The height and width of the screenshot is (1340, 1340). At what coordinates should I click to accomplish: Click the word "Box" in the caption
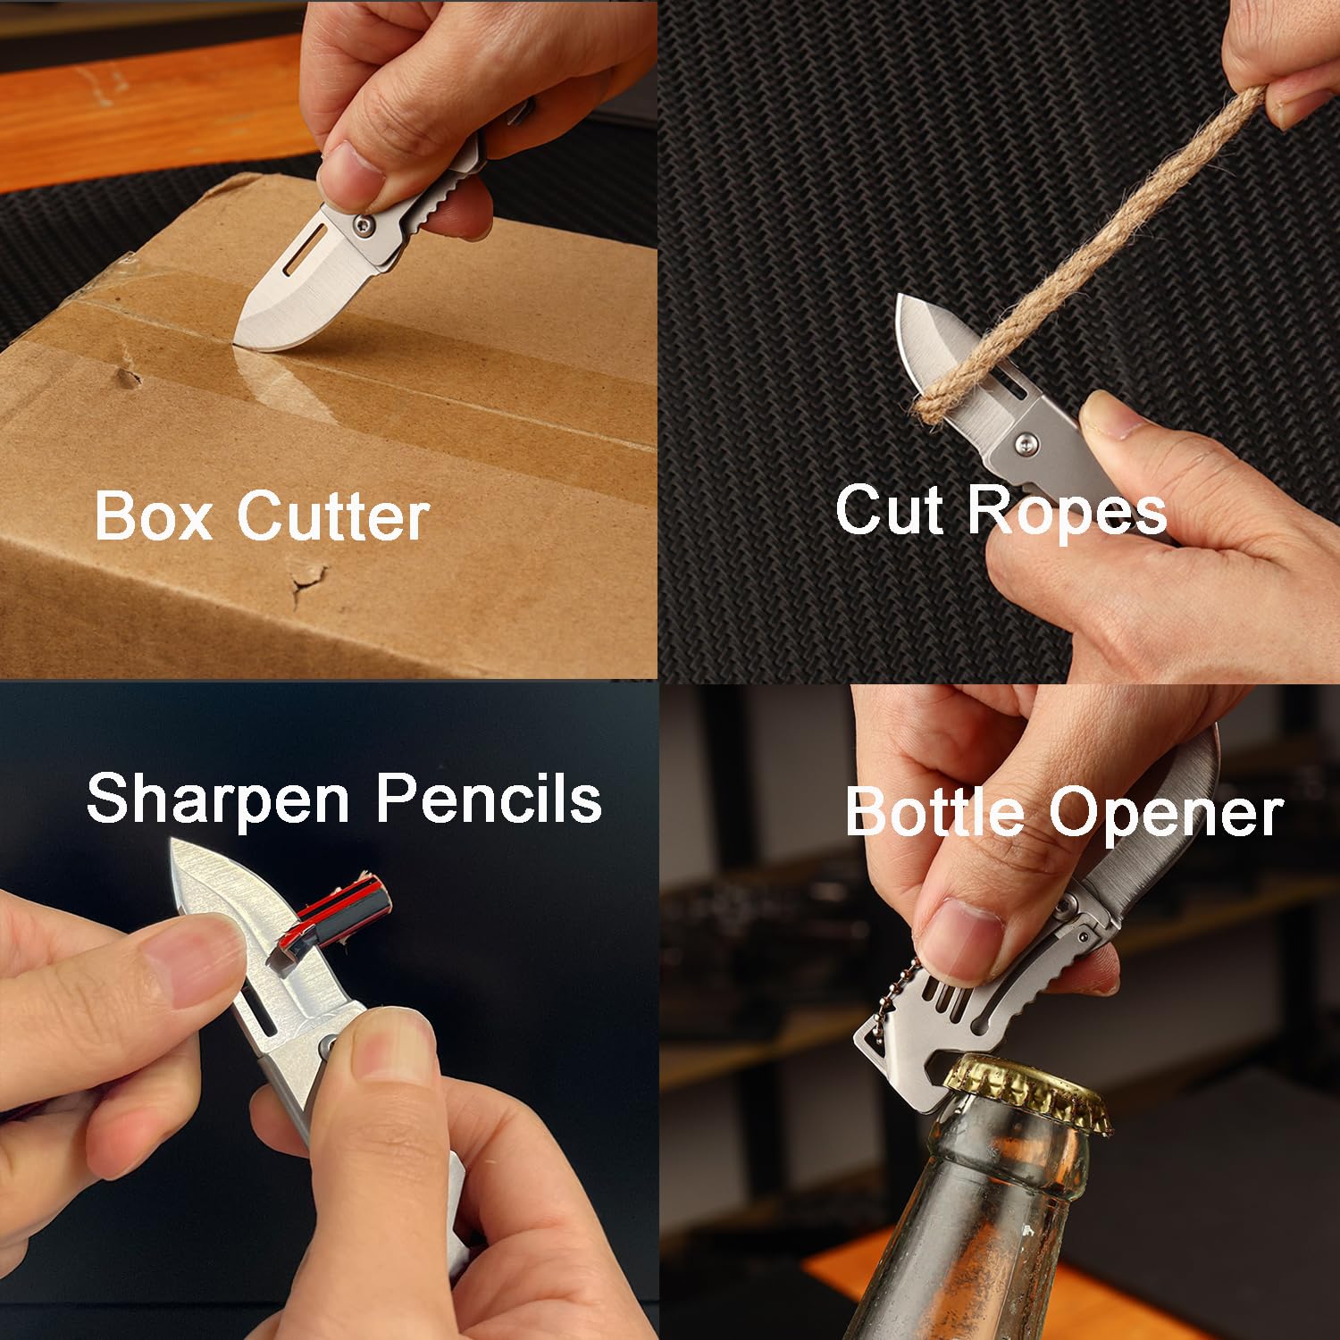pyautogui.click(x=154, y=515)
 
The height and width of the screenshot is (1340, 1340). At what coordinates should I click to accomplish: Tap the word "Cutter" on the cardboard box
pyautogui.click(x=333, y=515)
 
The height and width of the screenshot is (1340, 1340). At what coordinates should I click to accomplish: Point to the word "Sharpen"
pyautogui.click(x=217, y=800)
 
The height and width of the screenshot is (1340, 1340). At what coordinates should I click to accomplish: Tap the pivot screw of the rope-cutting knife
pyautogui.click(x=1028, y=441)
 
